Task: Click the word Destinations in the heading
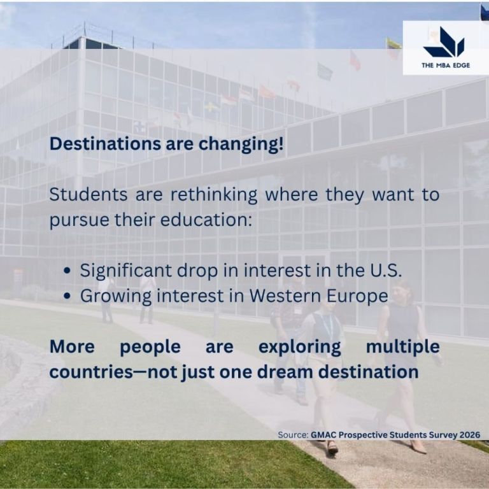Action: tap(106, 144)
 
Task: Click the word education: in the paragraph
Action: tap(206, 220)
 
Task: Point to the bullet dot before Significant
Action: tap(67, 271)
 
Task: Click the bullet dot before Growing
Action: tap(67, 296)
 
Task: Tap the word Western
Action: tap(285, 295)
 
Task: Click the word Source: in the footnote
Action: tap(293, 435)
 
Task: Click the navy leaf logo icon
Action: tap(444, 42)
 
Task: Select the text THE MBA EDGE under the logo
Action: tap(446, 65)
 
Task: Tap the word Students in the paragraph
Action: tap(89, 195)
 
